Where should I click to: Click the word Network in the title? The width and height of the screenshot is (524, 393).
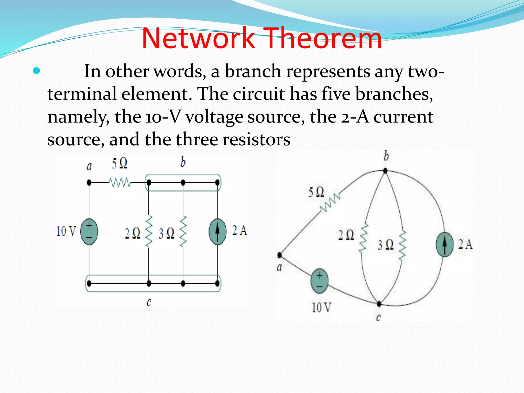tap(198, 38)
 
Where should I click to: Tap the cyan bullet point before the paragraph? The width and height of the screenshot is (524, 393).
tap(37, 71)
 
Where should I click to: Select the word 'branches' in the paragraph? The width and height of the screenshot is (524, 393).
tap(394, 94)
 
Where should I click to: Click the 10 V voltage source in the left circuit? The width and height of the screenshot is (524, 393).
tap(89, 232)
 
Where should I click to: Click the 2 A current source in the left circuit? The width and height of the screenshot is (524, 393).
tap(217, 232)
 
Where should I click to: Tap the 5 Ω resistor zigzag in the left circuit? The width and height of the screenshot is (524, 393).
tap(120, 183)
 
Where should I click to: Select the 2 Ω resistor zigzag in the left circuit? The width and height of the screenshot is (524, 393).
tap(149, 232)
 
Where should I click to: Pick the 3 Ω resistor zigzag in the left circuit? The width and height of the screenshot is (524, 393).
tap(183, 232)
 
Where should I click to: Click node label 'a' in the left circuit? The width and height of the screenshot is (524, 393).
tap(89, 167)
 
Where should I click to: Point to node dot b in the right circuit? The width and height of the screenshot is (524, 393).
tap(385, 171)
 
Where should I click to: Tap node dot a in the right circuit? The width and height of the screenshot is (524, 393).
tap(280, 255)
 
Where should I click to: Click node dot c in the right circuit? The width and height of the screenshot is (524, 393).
tap(379, 304)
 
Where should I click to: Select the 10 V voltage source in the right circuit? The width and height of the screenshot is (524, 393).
tap(319, 281)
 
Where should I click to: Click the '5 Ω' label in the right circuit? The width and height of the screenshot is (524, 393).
tap(316, 192)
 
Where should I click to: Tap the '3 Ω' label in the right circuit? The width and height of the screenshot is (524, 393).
tap(386, 245)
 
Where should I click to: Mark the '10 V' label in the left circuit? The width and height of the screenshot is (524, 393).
tap(66, 231)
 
